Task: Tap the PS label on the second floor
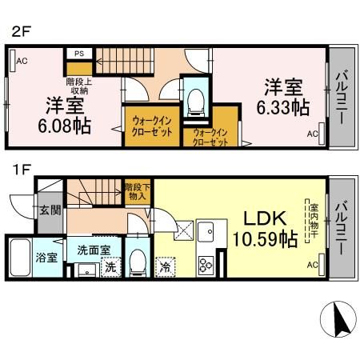coord(79,54)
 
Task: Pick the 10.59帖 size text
coord(262,238)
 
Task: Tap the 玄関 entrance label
coord(50,210)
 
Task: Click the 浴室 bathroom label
coord(46,258)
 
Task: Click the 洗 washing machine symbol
coord(111,268)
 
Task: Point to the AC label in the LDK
coord(312,266)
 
